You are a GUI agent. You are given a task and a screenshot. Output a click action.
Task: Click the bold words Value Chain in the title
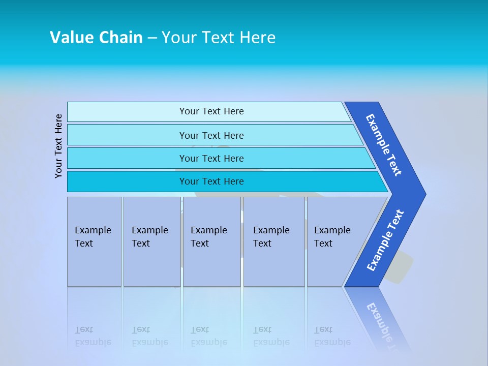pos(96,38)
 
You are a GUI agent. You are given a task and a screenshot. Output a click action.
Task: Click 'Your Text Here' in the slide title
pos(219,38)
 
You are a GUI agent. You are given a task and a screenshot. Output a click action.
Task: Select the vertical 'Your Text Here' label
pos(58,146)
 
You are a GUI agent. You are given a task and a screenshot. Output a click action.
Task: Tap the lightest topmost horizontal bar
pos(127,112)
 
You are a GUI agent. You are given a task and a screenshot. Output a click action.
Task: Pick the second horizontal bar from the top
pos(127,135)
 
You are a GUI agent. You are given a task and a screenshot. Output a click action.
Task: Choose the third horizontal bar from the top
pos(127,158)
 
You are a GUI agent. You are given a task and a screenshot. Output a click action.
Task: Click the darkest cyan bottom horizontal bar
pos(127,181)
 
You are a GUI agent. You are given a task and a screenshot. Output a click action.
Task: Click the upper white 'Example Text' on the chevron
pos(384,145)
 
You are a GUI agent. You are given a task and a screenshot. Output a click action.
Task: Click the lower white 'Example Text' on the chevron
pos(385,240)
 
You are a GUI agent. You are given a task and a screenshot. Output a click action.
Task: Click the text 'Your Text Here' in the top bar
pos(211,111)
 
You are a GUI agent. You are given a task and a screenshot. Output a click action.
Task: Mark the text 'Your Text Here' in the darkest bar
pos(211,181)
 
